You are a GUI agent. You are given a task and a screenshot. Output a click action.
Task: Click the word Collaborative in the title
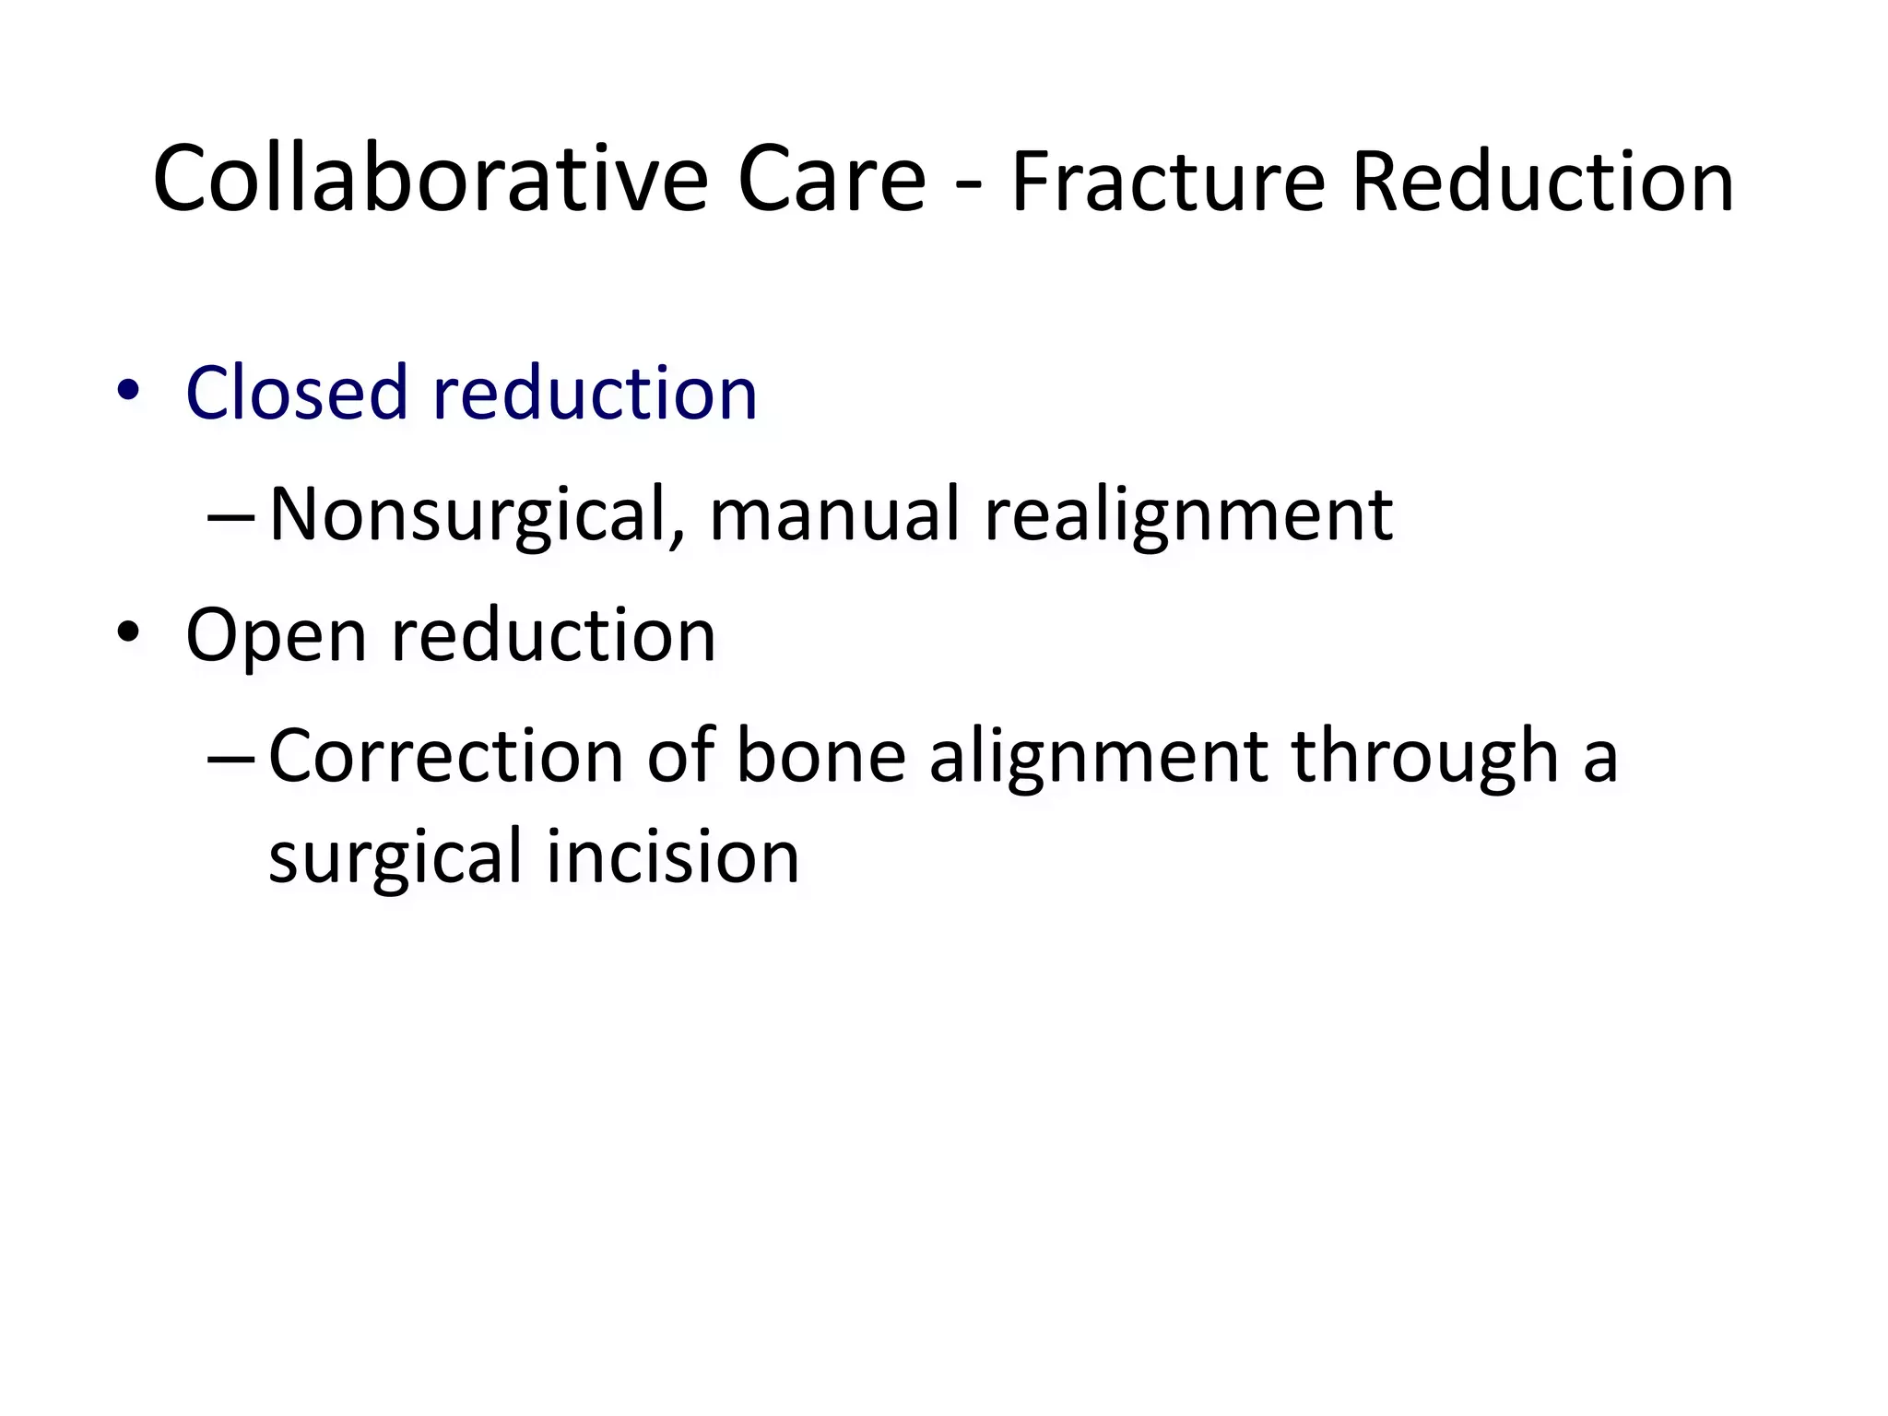[431, 179]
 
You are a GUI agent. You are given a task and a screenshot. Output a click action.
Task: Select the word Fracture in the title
[1168, 183]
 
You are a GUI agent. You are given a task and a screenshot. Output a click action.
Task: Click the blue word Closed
[296, 394]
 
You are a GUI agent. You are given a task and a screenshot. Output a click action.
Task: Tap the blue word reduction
[595, 394]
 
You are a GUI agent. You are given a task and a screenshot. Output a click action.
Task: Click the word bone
[820, 757]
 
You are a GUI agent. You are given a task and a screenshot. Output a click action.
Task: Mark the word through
[1424, 757]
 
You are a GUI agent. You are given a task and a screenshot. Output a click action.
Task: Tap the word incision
[673, 856]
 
